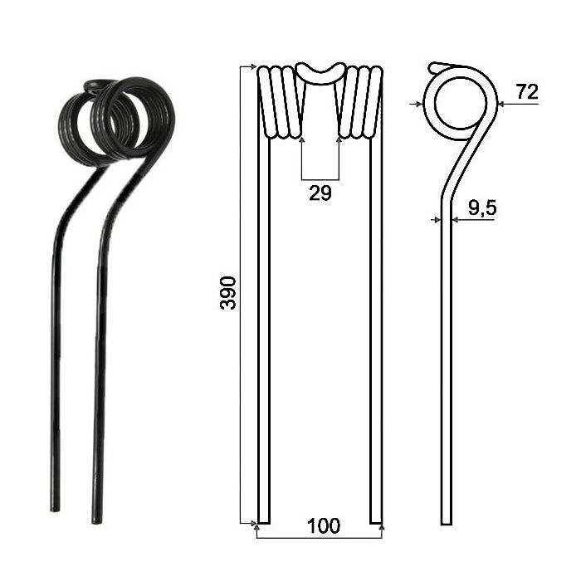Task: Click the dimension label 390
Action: (228, 293)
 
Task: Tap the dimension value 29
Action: (320, 193)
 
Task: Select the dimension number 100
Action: (323, 525)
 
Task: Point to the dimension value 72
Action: (527, 91)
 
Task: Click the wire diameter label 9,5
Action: (482, 207)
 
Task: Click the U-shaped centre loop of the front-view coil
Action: (321, 73)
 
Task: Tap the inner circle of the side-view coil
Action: (460, 104)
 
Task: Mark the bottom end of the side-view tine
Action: (447, 524)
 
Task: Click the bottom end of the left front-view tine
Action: (264, 522)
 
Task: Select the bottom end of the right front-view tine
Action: (376, 522)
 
